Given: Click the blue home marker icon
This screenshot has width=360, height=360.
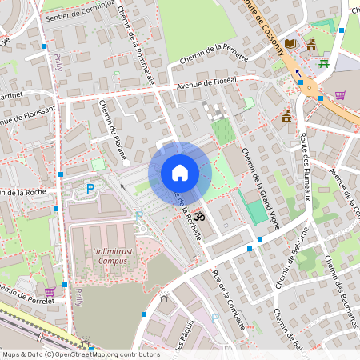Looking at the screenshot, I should pos(180,173).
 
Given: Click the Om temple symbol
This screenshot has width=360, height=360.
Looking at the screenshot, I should pos(200,216).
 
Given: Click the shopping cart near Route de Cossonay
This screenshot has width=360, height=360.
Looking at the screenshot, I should pos(340,94).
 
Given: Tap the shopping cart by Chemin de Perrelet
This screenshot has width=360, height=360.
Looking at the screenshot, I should pos(50,291).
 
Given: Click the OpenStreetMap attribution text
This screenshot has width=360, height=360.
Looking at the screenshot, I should pos(81,354).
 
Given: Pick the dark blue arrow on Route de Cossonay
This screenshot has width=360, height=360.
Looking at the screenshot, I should pos(298,73).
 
